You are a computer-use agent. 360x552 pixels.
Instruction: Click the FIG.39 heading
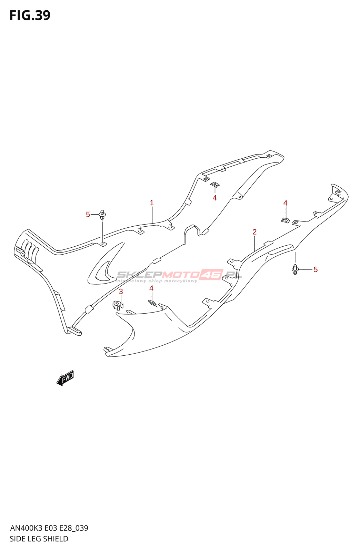pos(30,16)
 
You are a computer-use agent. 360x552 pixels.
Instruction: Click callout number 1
pos(152,203)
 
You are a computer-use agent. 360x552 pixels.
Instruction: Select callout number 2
pos(254,232)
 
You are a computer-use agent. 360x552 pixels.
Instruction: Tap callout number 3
pos(121,292)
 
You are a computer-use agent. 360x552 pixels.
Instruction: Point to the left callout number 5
pos(88,215)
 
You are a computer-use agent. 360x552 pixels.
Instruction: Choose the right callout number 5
pos(316,269)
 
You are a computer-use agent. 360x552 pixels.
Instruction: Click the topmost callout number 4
pos(214,198)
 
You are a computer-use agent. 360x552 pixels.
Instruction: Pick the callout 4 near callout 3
pos(151,288)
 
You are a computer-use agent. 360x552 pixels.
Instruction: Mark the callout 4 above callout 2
pos(285,203)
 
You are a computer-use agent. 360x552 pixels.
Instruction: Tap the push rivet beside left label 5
pos(102,215)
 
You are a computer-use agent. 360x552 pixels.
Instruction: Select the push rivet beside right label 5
pos(295,269)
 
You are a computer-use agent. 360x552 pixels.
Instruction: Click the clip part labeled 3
pos(117,305)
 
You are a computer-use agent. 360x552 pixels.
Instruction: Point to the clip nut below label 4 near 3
pos(152,303)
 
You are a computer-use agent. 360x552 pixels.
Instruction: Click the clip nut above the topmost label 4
pos(215,185)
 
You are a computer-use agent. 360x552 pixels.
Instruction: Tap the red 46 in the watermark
pos(211,275)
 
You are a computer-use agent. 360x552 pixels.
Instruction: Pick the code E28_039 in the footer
pos(74,528)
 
